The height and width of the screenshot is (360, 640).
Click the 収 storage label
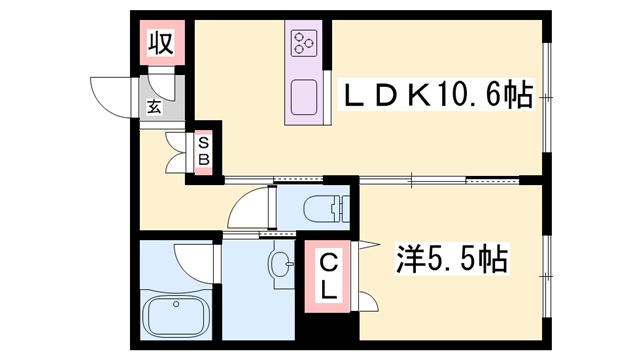[161, 43]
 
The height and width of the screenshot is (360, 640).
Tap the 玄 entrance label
[156, 107]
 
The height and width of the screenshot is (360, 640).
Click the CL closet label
[328, 277]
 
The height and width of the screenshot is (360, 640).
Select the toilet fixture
[329, 209]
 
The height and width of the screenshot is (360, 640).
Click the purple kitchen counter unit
[303, 73]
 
